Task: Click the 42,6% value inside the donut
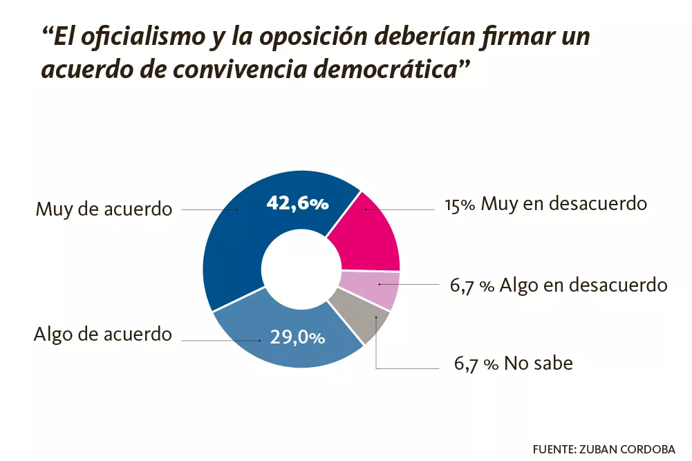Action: (297, 203)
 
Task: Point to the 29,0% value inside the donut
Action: (297, 337)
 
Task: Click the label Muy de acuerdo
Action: (104, 209)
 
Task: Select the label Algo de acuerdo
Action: (103, 334)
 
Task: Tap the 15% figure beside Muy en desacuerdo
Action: (460, 205)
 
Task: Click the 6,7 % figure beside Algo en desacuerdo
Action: (471, 286)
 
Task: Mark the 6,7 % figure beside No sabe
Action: (476, 364)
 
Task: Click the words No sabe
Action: (539, 364)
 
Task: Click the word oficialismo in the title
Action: (143, 37)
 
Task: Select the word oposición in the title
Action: (313, 37)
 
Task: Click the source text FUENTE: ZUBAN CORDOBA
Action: (604, 449)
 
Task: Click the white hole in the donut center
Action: (301, 269)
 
